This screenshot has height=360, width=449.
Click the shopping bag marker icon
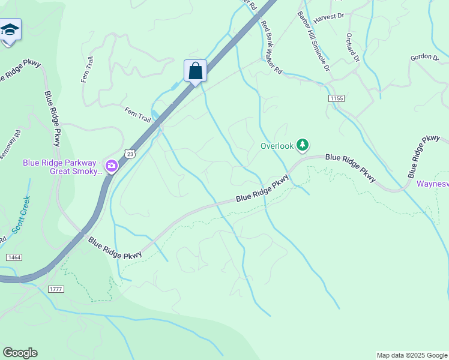(195, 71)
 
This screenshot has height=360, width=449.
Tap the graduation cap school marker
(10, 29)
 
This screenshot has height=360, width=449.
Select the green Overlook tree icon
(303, 145)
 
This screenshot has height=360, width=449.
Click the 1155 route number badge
(337, 97)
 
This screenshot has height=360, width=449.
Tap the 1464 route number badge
(14, 257)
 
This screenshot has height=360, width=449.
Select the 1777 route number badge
(55, 289)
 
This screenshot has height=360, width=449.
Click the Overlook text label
(277, 145)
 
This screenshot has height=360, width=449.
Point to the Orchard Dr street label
(352, 47)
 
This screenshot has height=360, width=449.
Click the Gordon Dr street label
(424, 56)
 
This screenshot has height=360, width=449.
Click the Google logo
(20, 353)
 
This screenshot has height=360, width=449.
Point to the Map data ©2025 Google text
(411, 355)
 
